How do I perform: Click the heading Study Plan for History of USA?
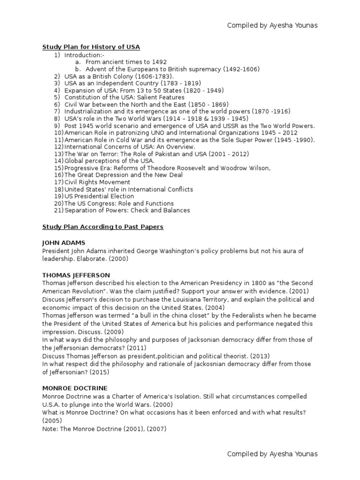click(91, 47)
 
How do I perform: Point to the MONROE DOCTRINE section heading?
click(75, 388)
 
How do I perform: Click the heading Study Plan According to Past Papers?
click(103, 226)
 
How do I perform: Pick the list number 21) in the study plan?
click(59, 210)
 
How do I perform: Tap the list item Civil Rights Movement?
click(97, 182)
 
